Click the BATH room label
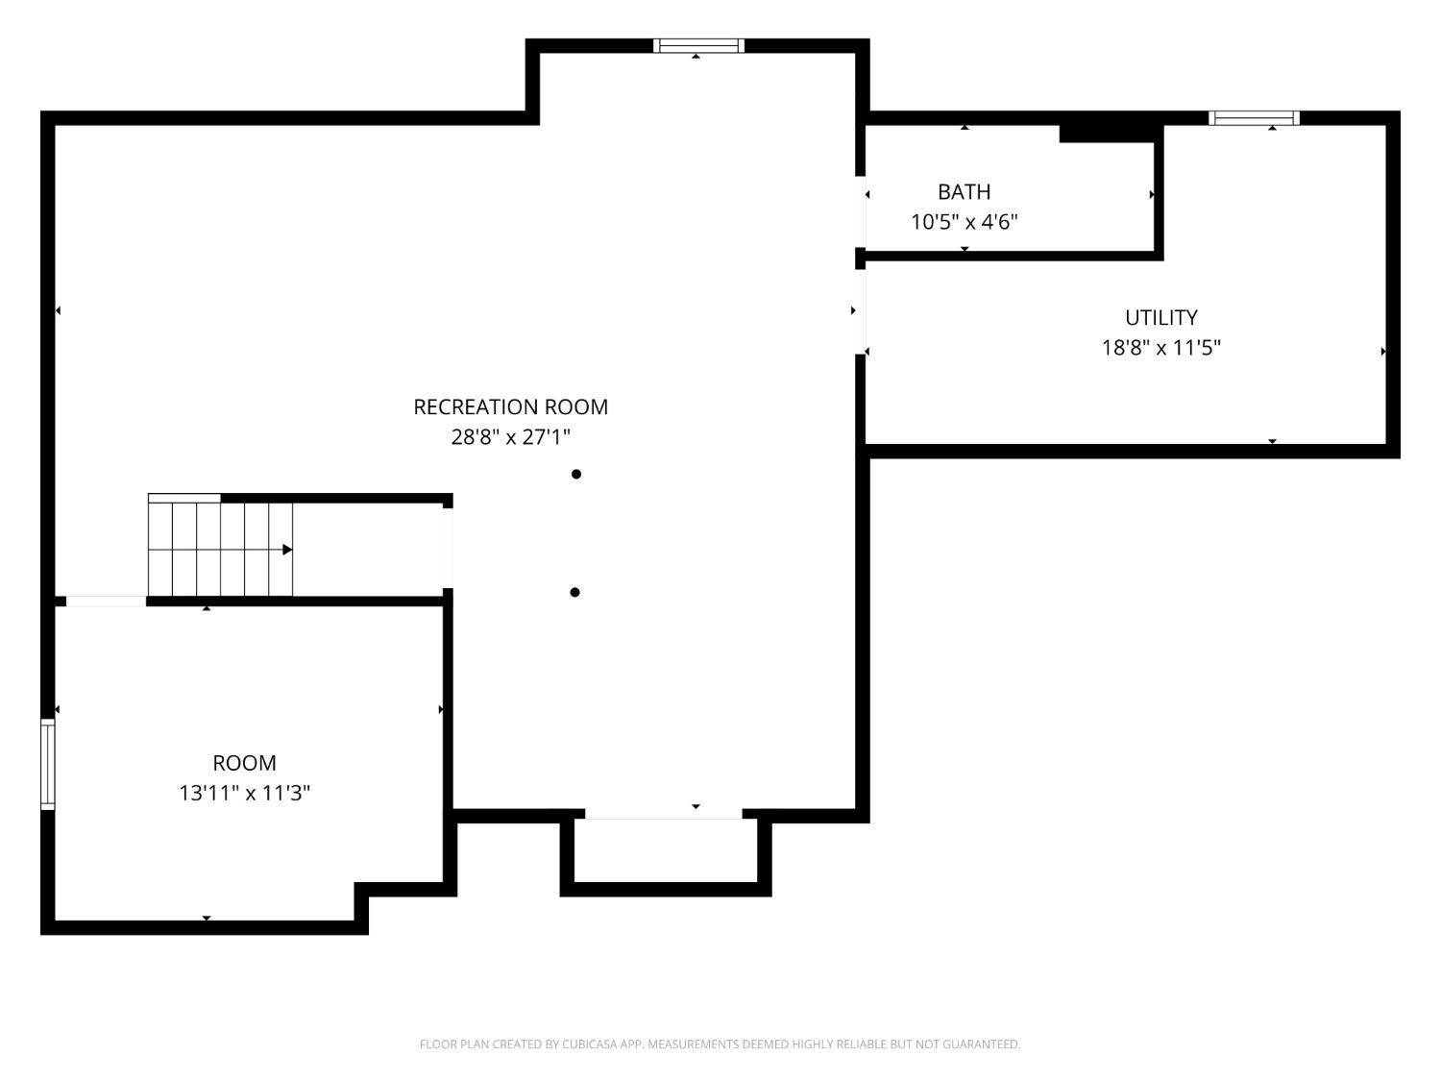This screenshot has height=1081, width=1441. coord(964,191)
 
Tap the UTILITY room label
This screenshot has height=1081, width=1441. coord(1160,318)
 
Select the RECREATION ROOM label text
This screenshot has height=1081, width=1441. coord(510,406)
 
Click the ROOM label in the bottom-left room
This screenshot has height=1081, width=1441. coord(244,763)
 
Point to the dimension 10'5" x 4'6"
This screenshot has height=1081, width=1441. coord(964,222)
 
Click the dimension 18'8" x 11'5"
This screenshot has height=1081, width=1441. coord(1160,347)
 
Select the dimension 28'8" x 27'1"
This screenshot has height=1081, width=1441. coord(510,436)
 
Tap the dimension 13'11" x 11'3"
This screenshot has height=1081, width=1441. coord(244,793)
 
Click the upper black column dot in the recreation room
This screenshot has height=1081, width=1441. coord(575,474)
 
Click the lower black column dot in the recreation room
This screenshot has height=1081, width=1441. coord(574,592)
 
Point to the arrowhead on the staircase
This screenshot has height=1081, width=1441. coord(287,550)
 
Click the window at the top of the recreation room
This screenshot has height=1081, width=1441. coord(698,46)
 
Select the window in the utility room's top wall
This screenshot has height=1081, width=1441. coord(1254,118)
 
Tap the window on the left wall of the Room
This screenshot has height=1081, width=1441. coord(47,764)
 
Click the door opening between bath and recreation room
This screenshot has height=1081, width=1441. coord(860,212)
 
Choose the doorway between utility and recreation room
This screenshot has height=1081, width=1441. coord(860,311)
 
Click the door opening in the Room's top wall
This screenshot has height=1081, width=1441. coord(106,602)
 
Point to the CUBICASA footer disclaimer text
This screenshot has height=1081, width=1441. coord(720,1044)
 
